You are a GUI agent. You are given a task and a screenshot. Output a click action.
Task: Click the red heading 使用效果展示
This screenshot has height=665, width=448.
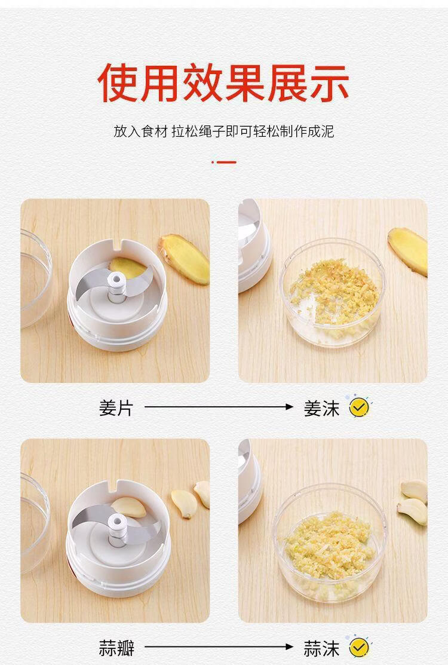coord(223,82)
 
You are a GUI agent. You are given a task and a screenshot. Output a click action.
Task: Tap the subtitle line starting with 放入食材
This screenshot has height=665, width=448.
coord(224,131)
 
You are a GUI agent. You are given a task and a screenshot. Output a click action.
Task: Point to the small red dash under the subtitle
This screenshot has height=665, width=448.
coord(224,162)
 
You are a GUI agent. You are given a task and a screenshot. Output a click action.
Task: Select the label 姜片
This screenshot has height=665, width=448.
coord(116,408)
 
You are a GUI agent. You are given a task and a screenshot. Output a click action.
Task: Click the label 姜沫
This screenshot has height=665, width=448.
coord(322,409)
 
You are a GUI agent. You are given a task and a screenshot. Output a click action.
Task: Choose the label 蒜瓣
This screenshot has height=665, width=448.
coord(116,648)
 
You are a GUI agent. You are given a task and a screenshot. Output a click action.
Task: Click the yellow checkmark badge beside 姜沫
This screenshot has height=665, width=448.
coord(359,407)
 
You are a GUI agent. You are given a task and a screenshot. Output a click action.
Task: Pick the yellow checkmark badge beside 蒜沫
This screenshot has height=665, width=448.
coord(359,648)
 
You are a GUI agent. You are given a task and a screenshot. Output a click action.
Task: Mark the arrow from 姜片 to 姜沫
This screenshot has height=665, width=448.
coord(219,407)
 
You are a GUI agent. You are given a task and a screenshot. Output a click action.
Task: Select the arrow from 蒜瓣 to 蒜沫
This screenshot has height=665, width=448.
coord(219,646)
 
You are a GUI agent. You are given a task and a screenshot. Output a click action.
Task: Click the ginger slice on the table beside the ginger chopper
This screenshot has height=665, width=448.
coord(184,259)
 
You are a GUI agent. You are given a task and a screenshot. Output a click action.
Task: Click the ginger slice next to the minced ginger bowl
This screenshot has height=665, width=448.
coord(408,251)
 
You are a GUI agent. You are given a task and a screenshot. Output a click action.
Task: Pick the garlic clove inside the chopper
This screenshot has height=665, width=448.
coord(129,507)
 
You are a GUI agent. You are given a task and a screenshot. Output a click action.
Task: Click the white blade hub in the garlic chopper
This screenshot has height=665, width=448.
coord(116,524)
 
